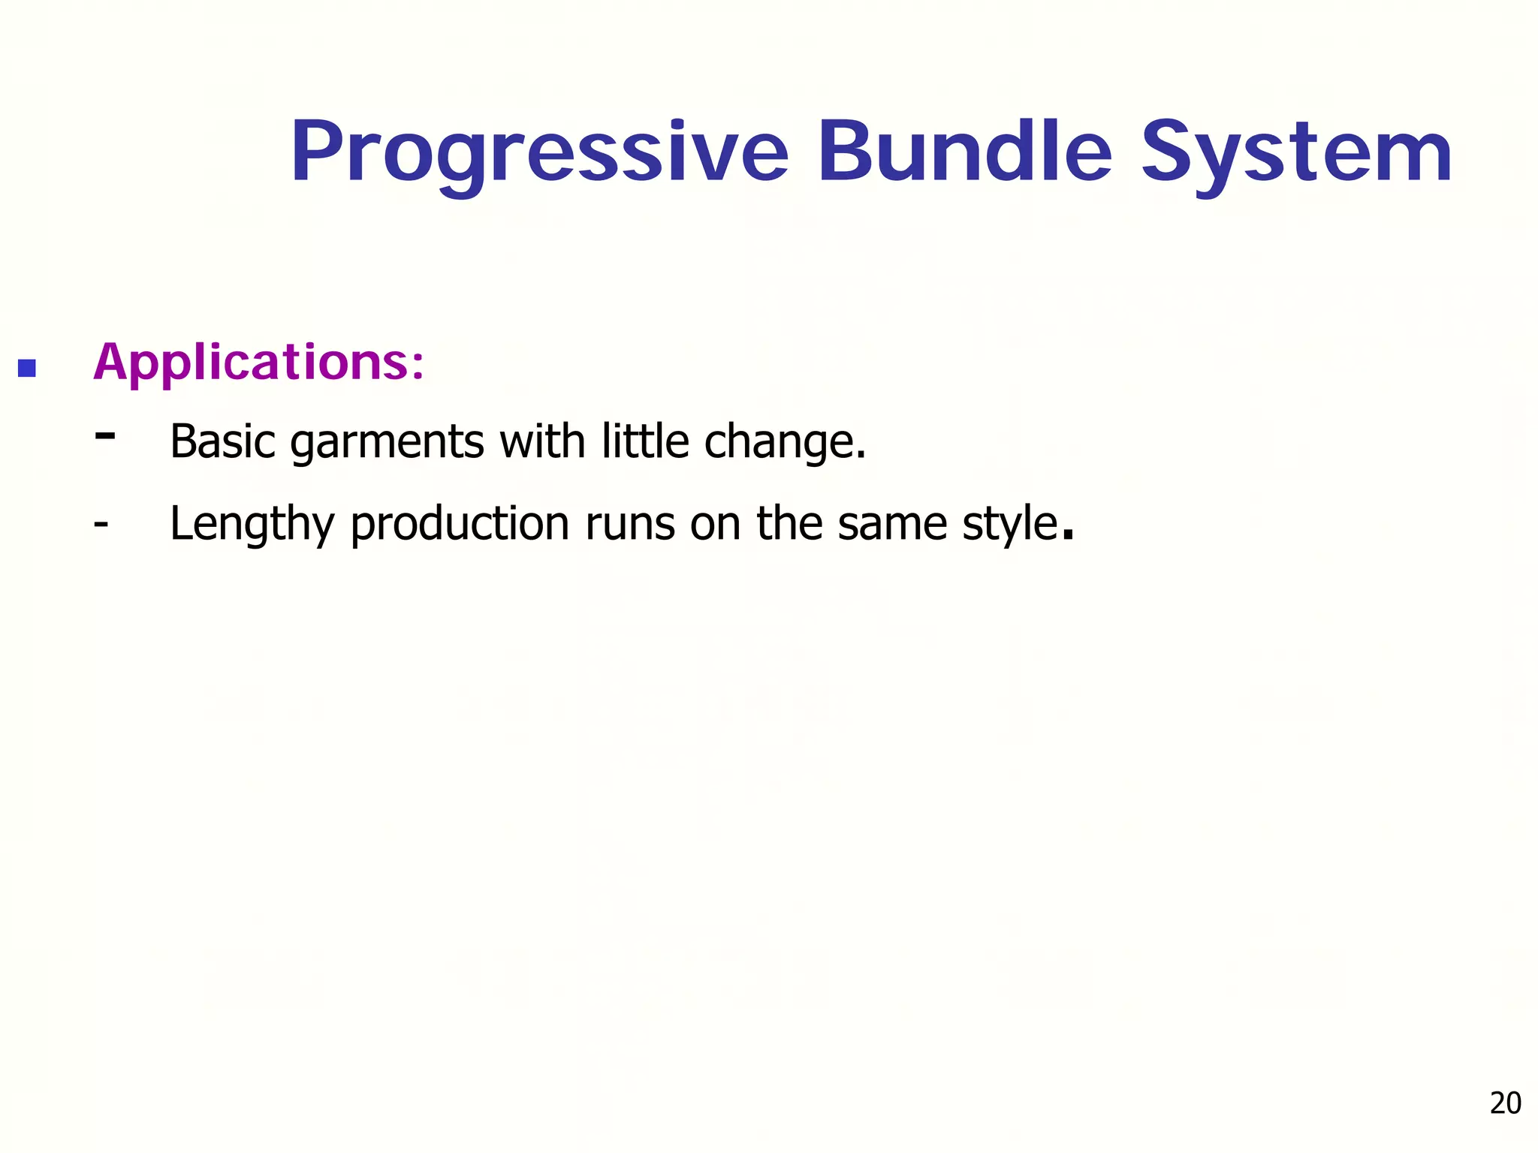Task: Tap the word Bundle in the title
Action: click(x=964, y=152)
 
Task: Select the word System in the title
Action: click(x=1296, y=154)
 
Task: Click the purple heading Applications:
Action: click(x=258, y=363)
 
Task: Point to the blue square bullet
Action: click(x=27, y=369)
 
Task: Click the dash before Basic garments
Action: click(x=105, y=435)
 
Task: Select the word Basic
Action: click(x=222, y=441)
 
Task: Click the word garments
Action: click(x=387, y=443)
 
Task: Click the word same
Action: click(x=892, y=525)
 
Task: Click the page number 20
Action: click(x=1505, y=1103)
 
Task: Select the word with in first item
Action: click(x=542, y=441)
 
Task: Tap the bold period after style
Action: click(x=1069, y=536)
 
